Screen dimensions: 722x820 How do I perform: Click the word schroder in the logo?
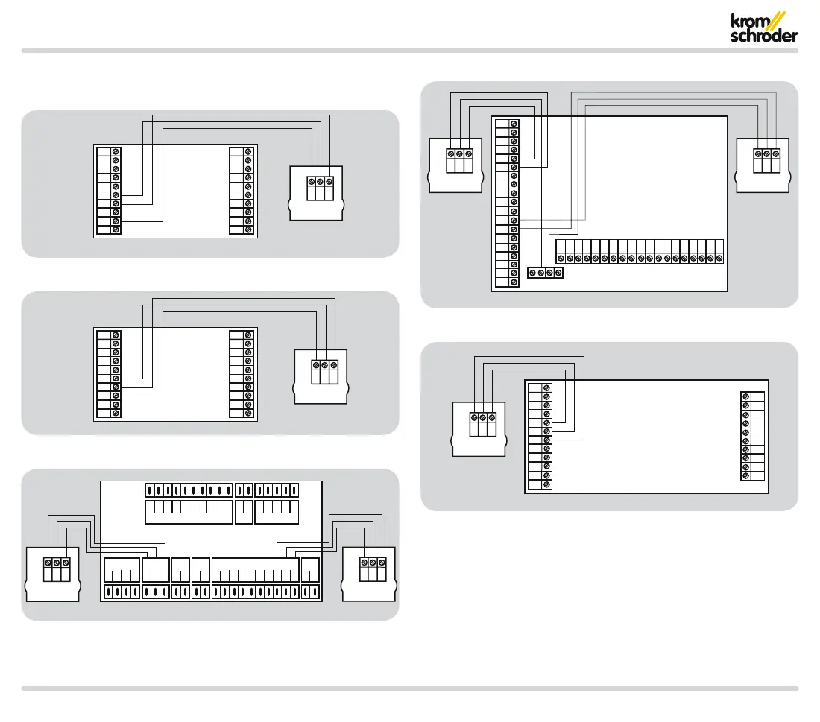[x=763, y=36]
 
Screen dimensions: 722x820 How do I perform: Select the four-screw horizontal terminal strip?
[x=546, y=273]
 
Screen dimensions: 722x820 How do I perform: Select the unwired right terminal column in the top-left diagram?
[x=242, y=191]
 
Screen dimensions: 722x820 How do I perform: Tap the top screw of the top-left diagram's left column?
[x=116, y=151]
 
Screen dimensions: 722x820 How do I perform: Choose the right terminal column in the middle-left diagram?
[x=242, y=373]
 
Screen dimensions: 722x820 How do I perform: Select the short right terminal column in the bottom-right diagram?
[x=753, y=436]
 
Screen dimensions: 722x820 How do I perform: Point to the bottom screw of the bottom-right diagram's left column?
[x=548, y=484]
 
